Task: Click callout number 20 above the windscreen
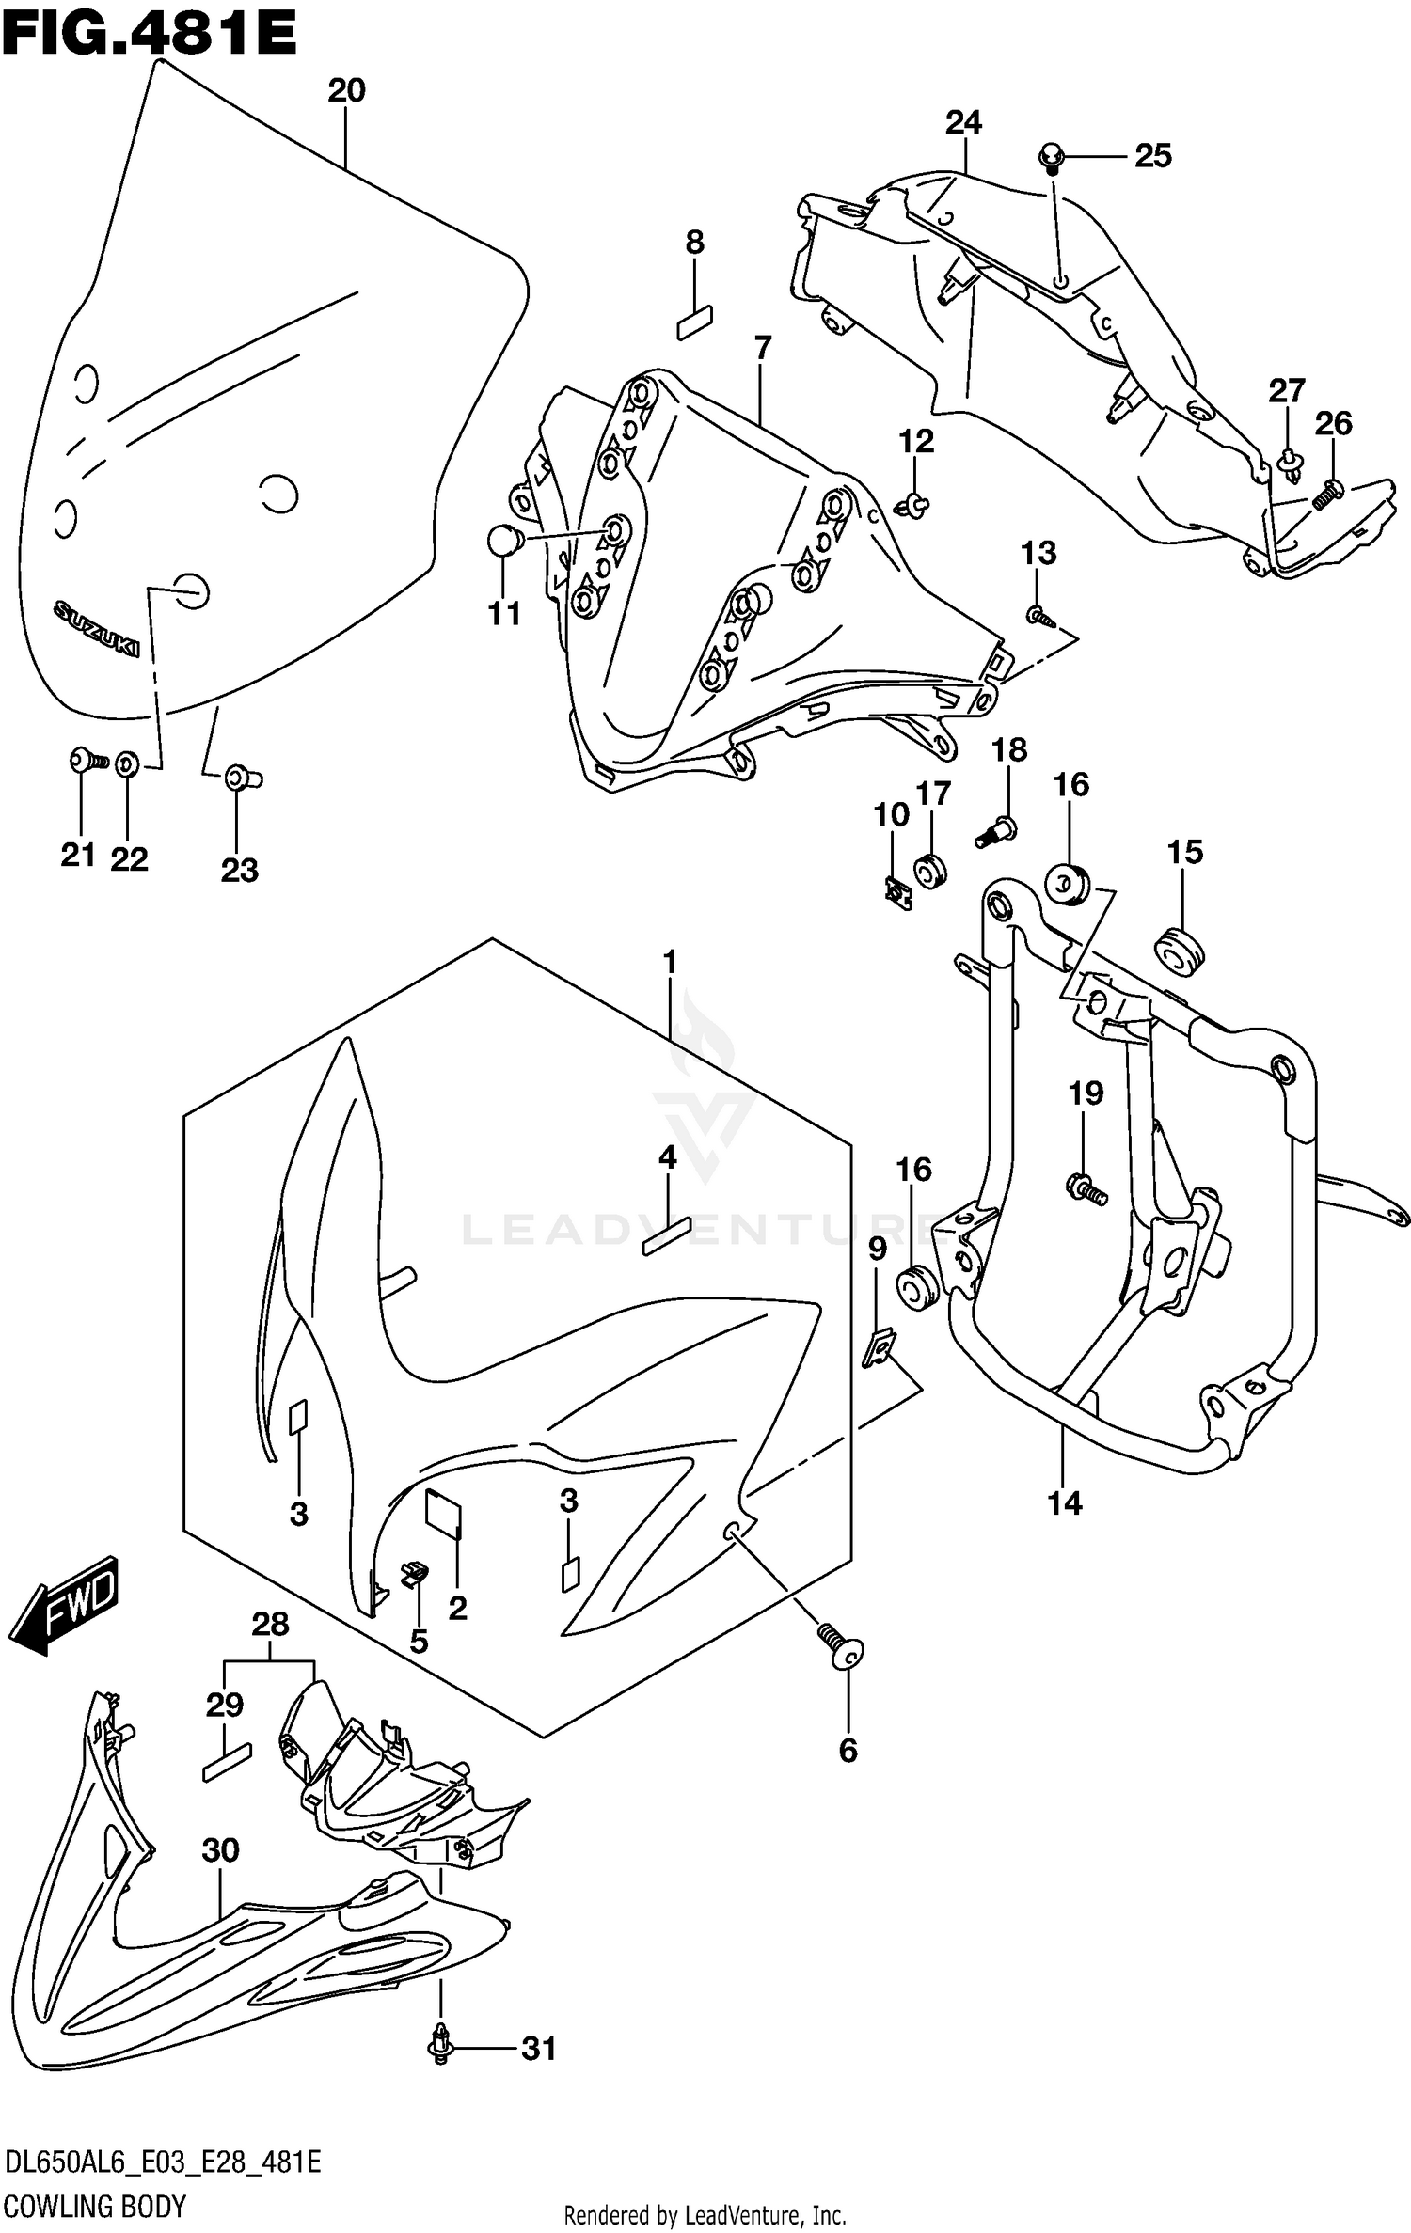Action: pyautogui.click(x=346, y=90)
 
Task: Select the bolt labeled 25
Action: pyautogui.click(x=1051, y=156)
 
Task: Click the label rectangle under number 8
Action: pyautogui.click(x=695, y=322)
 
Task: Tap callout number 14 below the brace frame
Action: pyautogui.click(x=1065, y=1503)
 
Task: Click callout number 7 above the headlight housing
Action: pyautogui.click(x=762, y=348)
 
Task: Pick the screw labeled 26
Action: pyautogui.click(x=1327, y=493)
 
